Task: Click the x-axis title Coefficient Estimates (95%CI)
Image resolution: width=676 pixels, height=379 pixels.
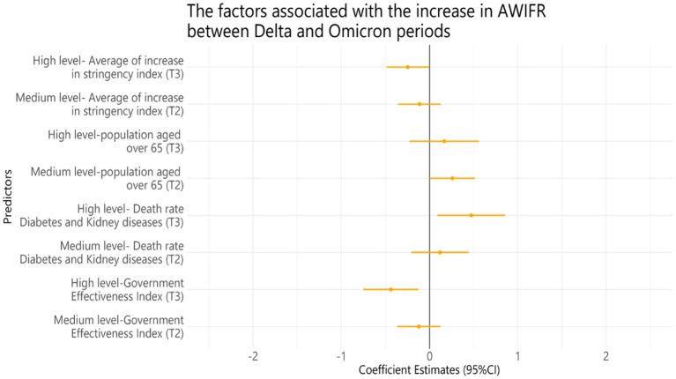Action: pyautogui.click(x=429, y=371)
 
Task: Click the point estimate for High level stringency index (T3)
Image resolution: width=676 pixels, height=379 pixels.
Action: pyautogui.click(x=407, y=67)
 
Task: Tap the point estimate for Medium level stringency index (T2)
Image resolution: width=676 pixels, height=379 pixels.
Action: pyautogui.click(x=420, y=104)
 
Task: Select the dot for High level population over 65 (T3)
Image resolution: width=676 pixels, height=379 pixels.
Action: pyautogui.click(x=444, y=141)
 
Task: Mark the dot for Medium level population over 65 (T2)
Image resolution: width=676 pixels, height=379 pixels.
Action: pyautogui.click(x=452, y=178)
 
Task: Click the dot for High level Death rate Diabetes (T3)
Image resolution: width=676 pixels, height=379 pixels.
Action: pyautogui.click(x=471, y=215)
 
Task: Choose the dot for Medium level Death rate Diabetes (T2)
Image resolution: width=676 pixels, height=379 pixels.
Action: pyautogui.click(x=440, y=252)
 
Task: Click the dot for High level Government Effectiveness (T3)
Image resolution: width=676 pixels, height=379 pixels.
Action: pyautogui.click(x=390, y=289)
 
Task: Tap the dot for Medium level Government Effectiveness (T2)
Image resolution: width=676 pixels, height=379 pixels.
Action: pyautogui.click(x=419, y=326)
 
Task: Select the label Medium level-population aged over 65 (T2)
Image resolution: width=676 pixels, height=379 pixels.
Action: pyautogui.click(x=107, y=178)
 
